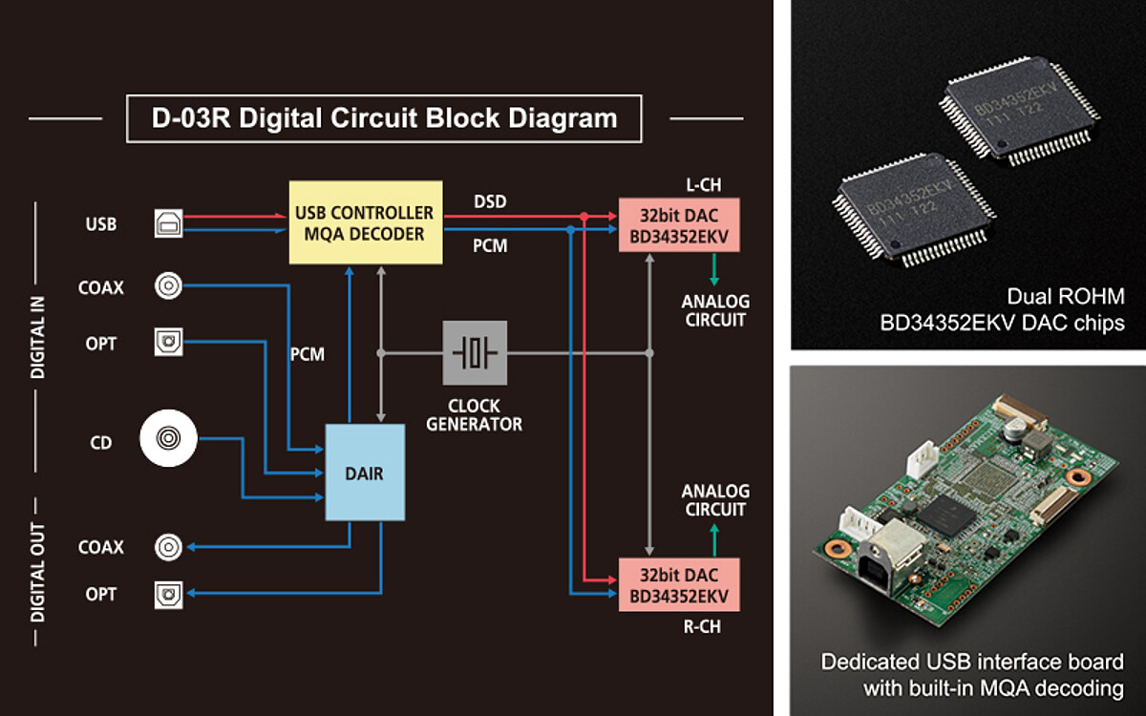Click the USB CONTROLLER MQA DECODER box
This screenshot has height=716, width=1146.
click(x=366, y=222)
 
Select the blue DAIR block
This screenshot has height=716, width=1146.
click(x=365, y=473)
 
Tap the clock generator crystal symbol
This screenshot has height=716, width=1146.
click(x=475, y=353)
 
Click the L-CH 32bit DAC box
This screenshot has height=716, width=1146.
click(x=678, y=225)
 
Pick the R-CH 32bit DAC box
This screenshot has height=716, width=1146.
click(x=678, y=586)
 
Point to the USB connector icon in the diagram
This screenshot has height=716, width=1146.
click(x=168, y=224)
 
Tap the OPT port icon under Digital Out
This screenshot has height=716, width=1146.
click(x=168, y=595)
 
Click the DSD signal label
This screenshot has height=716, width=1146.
click(x=491, y=201)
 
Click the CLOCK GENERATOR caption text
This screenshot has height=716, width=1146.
click(x=475, y=415)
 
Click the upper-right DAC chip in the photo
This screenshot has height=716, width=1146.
click(x=1019, y=108)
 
